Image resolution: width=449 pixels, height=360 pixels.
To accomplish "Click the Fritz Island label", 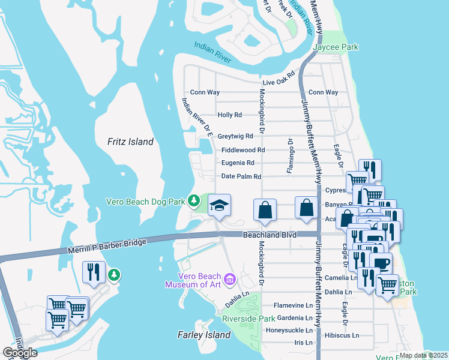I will [130, 142].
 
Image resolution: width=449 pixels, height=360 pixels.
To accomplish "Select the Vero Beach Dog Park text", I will [145, 202].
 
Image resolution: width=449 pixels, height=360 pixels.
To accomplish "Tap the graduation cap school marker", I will [220, 205].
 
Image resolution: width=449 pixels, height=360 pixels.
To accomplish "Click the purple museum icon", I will [229, 279].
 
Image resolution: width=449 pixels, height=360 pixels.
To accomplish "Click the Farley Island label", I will [200, 335].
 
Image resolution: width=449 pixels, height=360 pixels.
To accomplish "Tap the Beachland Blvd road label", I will [270, 236].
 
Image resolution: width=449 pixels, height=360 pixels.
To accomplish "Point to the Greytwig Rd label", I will [235, 136].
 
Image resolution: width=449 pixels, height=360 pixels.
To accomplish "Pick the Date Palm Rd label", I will [241, 176].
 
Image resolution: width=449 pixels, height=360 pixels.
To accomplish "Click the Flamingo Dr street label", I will [289, 156].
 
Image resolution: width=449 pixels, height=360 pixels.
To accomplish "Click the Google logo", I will [19, 353].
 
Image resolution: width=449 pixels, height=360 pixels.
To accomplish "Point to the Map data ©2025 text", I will [423, 355].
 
